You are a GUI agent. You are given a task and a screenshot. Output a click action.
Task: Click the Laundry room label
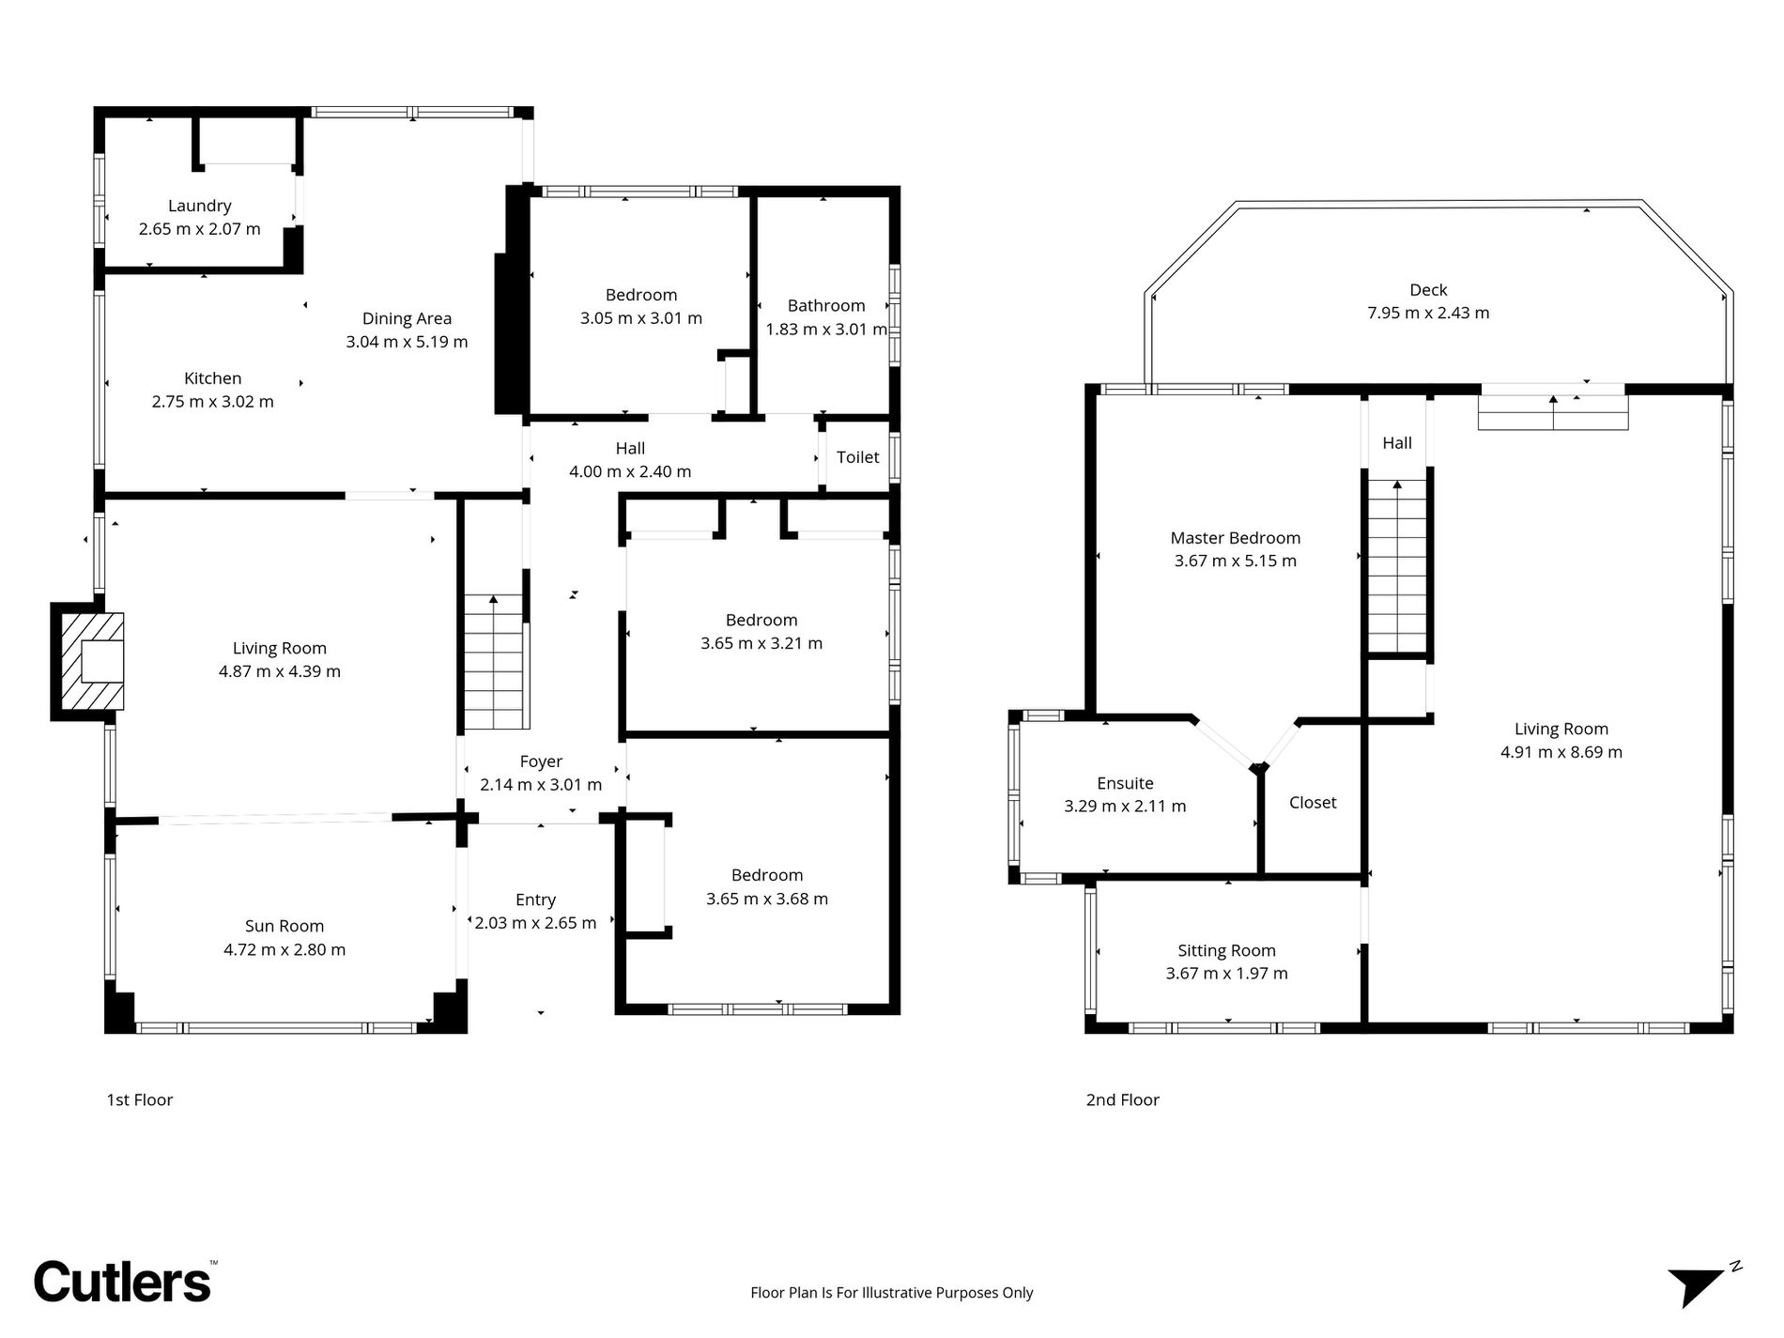(x=199, y=206)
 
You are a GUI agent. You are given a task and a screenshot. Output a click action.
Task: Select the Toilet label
(x=857, y=457)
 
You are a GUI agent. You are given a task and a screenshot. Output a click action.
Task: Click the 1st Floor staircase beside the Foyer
(x=494, y=662)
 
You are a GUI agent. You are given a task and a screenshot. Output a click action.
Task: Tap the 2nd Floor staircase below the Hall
(x=1397, y=566)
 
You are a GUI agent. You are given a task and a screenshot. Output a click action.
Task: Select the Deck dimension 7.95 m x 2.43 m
(x=1428, y=313)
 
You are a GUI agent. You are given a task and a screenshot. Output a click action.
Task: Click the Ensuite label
(x=1125, y=783)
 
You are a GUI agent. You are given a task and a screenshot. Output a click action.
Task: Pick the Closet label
(x=1313, y=803)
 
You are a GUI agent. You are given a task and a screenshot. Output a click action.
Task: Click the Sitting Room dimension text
(x=1226, y=974)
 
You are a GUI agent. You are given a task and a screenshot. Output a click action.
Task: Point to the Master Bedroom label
(x=1235, y=538)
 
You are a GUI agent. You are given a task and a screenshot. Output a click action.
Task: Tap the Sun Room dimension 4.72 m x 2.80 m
(x=285, y=949)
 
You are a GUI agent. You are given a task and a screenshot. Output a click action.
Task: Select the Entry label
(x=535, y=900)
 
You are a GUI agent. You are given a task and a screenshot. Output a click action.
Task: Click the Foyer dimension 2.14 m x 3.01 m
(x=541, y=784)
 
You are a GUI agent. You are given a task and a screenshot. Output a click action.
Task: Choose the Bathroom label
(x=826, y=305)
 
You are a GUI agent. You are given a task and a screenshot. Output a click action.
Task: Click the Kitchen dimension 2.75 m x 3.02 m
(x=213, y=401)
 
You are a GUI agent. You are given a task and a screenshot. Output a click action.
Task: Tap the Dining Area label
(x=407, y=318)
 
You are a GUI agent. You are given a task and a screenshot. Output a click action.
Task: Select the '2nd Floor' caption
(x=1122, y=1100)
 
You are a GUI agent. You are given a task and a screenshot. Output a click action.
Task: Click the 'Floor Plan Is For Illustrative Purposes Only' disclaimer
(x=891, y=1293)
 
